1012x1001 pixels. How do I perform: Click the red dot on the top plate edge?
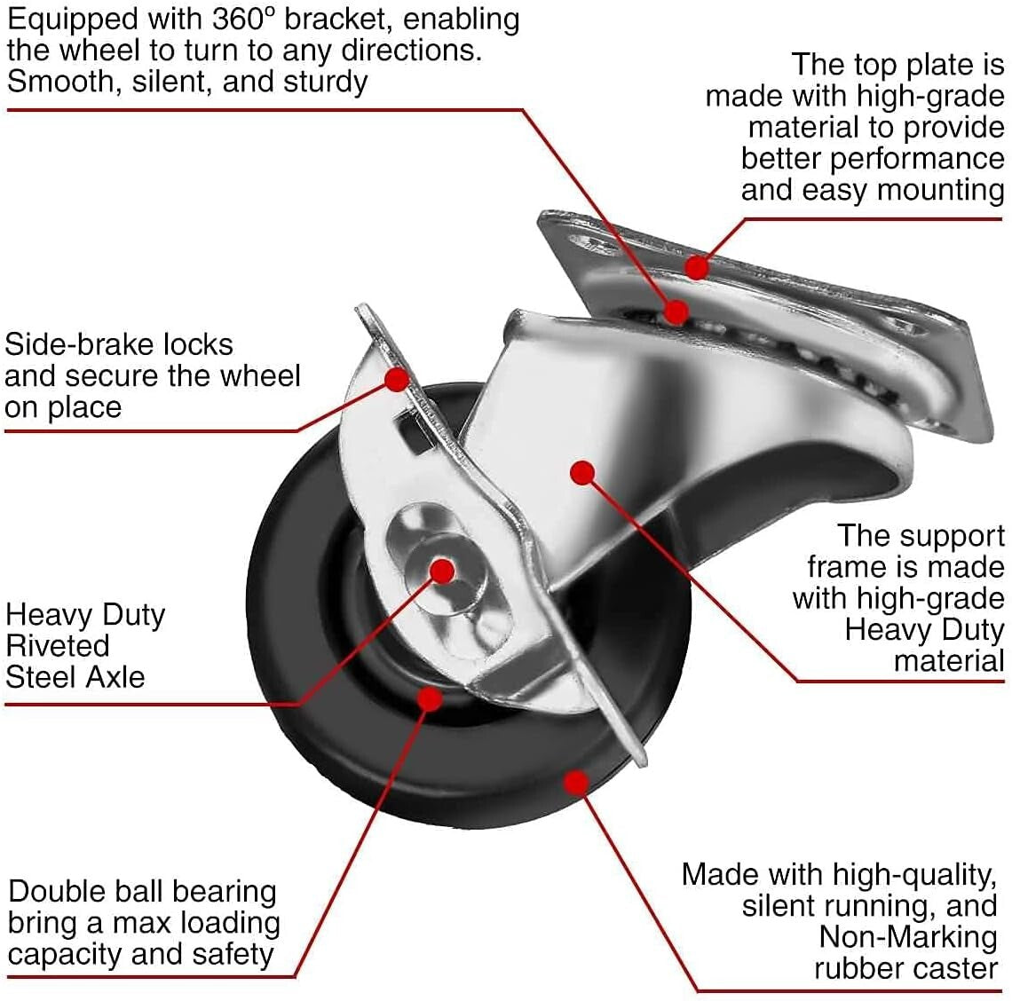(698, 266)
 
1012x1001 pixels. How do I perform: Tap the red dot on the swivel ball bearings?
(676, 311)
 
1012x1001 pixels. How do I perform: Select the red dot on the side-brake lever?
(397, 379)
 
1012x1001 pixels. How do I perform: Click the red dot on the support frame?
(582, 473)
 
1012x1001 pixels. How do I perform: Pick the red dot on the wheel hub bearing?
(430, 698)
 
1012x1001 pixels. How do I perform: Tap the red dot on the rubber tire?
(577, 782)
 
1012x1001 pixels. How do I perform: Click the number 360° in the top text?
(244, 20)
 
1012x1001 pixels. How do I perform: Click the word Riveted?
(58, 645)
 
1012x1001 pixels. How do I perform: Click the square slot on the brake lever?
(410, 435)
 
